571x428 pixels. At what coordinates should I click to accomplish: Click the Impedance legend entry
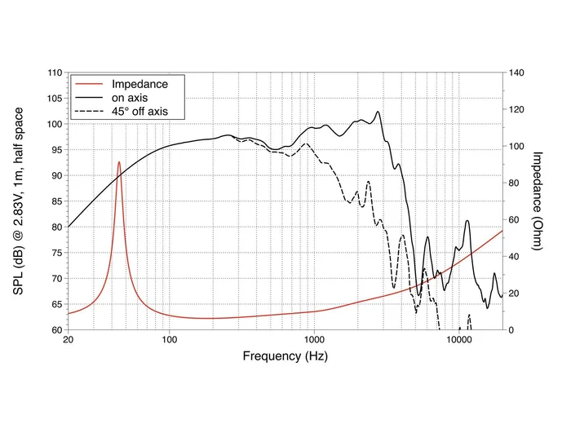[139, 84]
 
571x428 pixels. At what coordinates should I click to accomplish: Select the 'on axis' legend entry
[131, 97]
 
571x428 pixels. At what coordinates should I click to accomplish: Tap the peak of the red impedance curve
[119, 161]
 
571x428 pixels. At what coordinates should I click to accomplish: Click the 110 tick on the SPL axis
[54, 73]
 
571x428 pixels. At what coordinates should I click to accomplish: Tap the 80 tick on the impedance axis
[516, 183]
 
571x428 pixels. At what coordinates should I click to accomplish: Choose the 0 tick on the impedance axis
[512, 330]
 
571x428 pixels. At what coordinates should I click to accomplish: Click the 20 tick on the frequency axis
[68, 340]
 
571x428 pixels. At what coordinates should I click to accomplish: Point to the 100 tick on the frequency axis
[169, 340]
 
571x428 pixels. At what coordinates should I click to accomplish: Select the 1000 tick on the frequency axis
[313, 340]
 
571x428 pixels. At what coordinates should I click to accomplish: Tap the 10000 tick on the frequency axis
[458, 340]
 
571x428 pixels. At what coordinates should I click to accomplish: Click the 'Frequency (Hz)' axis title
[285, 356]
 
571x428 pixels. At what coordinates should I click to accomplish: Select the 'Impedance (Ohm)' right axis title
[538, 201]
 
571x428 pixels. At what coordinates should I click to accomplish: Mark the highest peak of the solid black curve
[378, 112]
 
